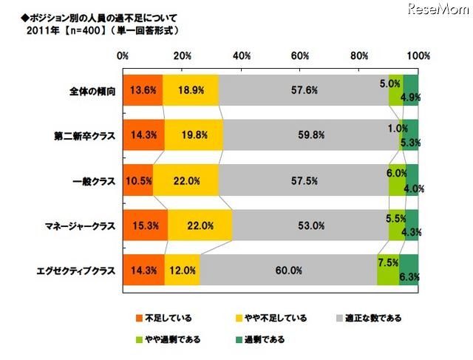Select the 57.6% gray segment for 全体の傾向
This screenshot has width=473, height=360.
(303, 90)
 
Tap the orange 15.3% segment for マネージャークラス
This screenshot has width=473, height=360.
(145, 225)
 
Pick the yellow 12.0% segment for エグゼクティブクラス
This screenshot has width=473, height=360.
(183, 271)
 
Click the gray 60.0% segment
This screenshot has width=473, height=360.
(287, 271)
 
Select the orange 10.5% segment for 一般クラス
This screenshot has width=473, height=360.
(138, 180)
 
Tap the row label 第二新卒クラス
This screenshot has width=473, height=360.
(83, 136)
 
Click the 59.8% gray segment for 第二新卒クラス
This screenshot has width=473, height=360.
(310, 135)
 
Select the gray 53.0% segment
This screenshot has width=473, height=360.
(310, 225)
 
